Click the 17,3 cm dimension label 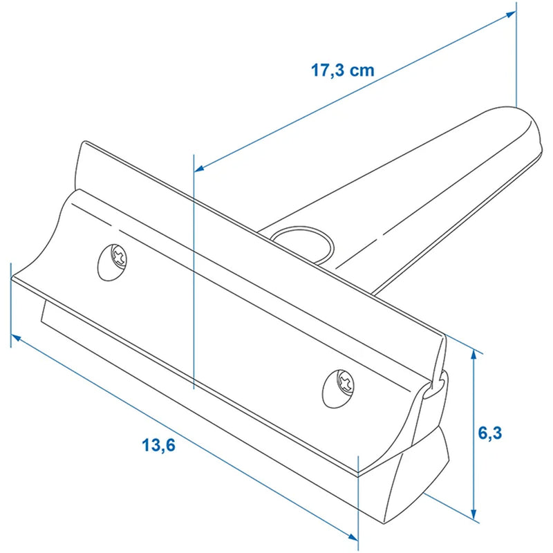[x=342, y=71]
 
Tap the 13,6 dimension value [x=159, y=444]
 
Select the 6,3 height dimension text [x=489, y=433]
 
